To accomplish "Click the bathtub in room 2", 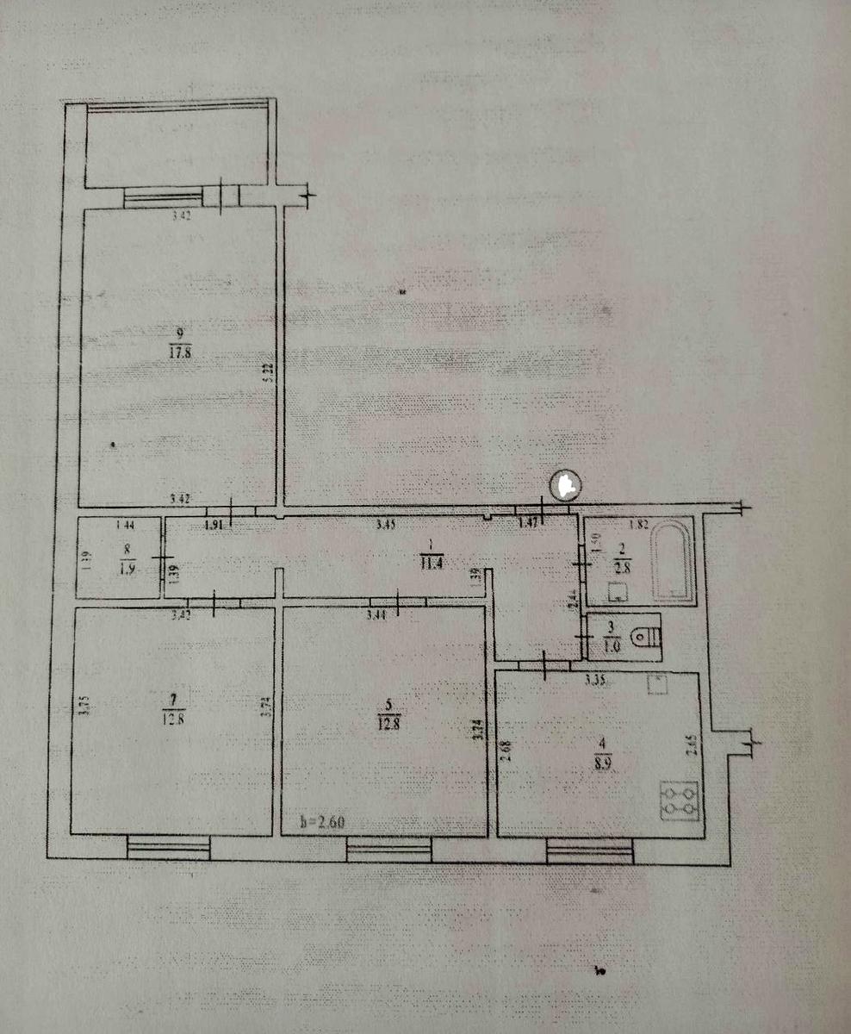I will coord(672,561).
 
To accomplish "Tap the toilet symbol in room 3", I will coord(645,638).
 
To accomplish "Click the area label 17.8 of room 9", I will coord(179,351).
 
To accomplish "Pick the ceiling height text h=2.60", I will coord(323,821).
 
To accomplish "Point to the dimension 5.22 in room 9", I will coord(269,370).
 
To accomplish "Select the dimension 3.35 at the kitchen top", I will coord(595,681).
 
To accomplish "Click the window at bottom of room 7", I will coord(169,849).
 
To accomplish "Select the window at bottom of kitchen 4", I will coord(590,851).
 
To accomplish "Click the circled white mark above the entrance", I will coord(565,485).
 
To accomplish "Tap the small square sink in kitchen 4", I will coord(658,682).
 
